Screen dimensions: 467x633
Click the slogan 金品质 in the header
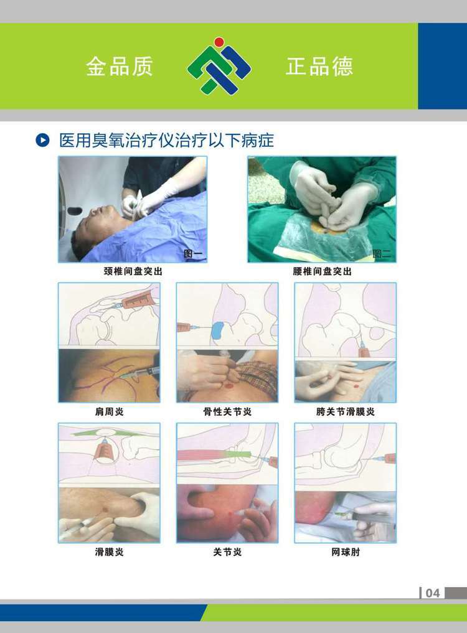point(119,66)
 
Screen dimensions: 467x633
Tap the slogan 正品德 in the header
point(319,66)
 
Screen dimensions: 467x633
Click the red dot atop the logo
point(219,42)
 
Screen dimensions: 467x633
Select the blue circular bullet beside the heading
point(42,141)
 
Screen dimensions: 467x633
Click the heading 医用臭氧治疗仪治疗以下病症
point(166,141)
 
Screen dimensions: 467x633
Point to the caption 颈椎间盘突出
point(133,272)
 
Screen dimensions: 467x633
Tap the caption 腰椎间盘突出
point(322,272)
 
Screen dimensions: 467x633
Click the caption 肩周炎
point(109,412)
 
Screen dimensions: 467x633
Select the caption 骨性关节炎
point(227,412)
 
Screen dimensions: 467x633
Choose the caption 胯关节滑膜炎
point(346,412)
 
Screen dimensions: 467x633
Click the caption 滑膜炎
point(109,552)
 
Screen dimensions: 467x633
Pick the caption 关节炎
point(227,552)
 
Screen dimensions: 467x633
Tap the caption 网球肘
point(346,552)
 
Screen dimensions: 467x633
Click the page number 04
point(432,593)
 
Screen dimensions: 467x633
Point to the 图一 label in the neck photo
point(192,254)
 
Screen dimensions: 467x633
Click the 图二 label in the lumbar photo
point(382,254)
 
